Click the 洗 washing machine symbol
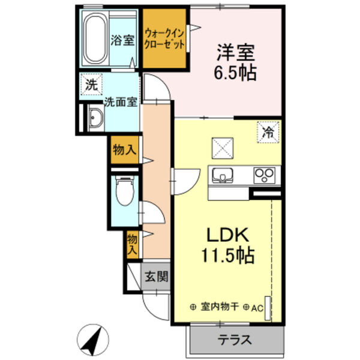tap(91, 85)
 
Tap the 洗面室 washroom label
tap(122, 101)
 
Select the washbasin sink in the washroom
tap(95, 118)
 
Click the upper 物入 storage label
tap(124, 151)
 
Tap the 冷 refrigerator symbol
tap(267, 133)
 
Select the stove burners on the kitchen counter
tap(264, 175)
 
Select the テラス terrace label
tap(235, 340)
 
